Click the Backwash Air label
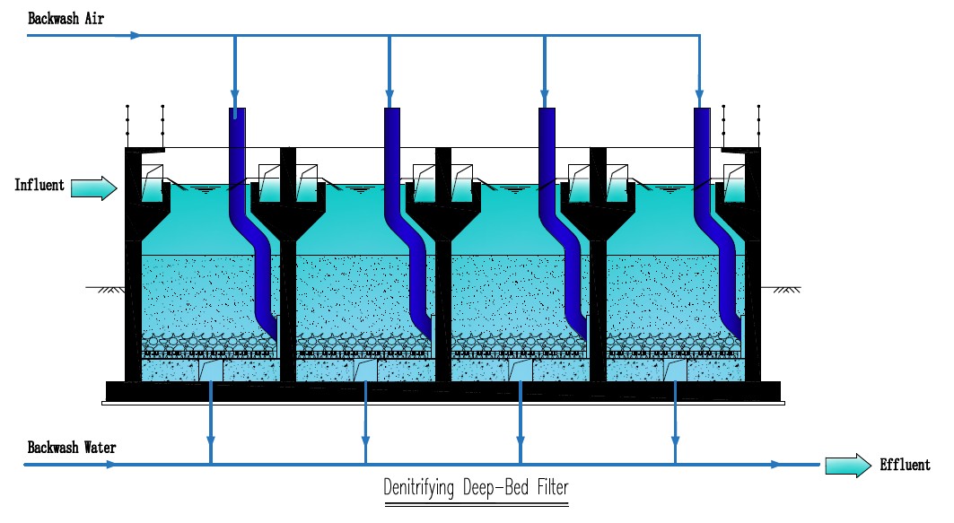pyautogui.click(x=67, y=17)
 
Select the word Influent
pyautogui.click(x=39, y=186)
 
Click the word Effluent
pyautogui.click(x=905, y=465)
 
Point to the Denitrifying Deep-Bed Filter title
pyautogui.click(x=476, y=489)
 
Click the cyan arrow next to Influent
pyautogui.click(x=93, y=187)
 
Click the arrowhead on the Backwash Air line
pyautogui.click(x=135, y=36)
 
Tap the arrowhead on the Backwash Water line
pyautogui.click(x=109, y=465)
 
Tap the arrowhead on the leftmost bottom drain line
pyautogui.click(x=210, y=440)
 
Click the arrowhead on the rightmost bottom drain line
pyautogui.click(x=675, y=440)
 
